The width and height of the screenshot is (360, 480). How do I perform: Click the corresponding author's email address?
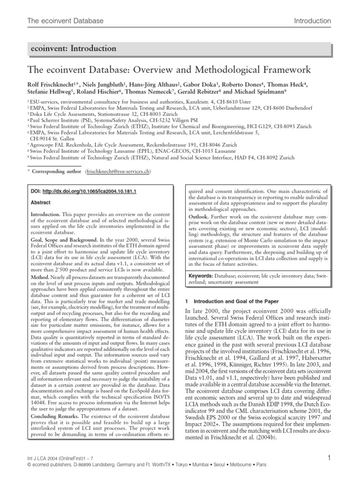pyautogui.click(x=118, y=172)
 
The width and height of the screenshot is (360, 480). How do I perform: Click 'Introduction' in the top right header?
pyautogui.click(x=312, y=21)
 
